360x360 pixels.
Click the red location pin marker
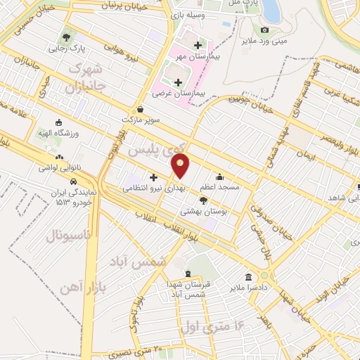[x=181, y=166]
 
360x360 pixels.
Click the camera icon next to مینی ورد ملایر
[x=264, y=30]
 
